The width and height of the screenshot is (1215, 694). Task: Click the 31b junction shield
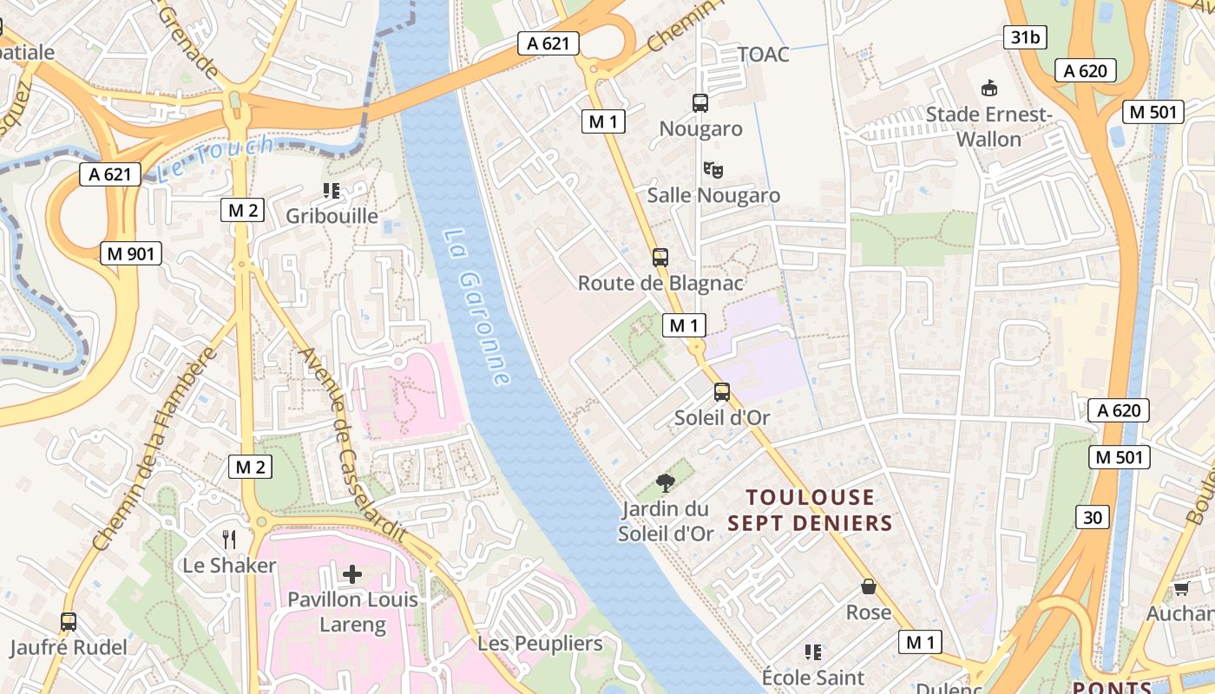click(x=1024, y=36)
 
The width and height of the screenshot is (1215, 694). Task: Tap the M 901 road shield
click(x=131, y=253)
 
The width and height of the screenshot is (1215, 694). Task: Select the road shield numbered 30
click(x=1092, y=517)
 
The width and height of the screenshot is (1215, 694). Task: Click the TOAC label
click(x=764, y=55)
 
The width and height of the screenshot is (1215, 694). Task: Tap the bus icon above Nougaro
click(x=700, y=103)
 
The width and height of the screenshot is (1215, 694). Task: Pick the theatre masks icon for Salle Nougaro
click(x=713, y=169)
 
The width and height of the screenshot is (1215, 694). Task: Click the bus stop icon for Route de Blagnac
click(x=660, y=257)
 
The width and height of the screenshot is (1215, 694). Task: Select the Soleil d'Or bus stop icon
click(x=722, y=392)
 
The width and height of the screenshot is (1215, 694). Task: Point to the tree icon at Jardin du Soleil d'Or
click(x=666, y=482)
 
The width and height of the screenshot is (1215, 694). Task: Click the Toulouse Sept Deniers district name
click(x=811, y=510)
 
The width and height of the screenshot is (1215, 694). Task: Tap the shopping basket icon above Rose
click(x=869, y=586)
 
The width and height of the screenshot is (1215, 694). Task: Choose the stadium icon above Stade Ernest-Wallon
click(x=988, y=88)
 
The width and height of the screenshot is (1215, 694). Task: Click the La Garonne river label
click(x=476, y=307)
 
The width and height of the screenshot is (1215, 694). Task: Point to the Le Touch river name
click(x=217, y=158)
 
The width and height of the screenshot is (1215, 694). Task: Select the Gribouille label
click(x=332, y=216)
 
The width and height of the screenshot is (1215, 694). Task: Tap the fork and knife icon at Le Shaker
click(x=229, y=540)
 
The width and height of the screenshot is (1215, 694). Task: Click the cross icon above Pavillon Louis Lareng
click(x=352, y=573)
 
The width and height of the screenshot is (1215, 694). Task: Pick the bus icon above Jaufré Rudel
click(x=69, y=621)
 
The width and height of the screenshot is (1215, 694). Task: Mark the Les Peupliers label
click(x=540, y=643)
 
